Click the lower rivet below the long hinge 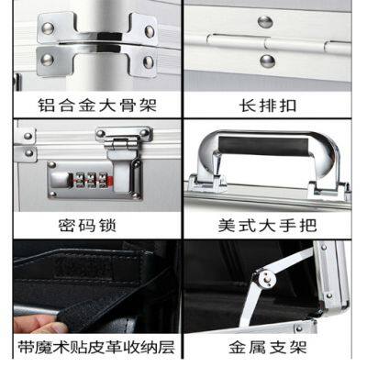(266, 61)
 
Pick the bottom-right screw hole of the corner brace (147, 62)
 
